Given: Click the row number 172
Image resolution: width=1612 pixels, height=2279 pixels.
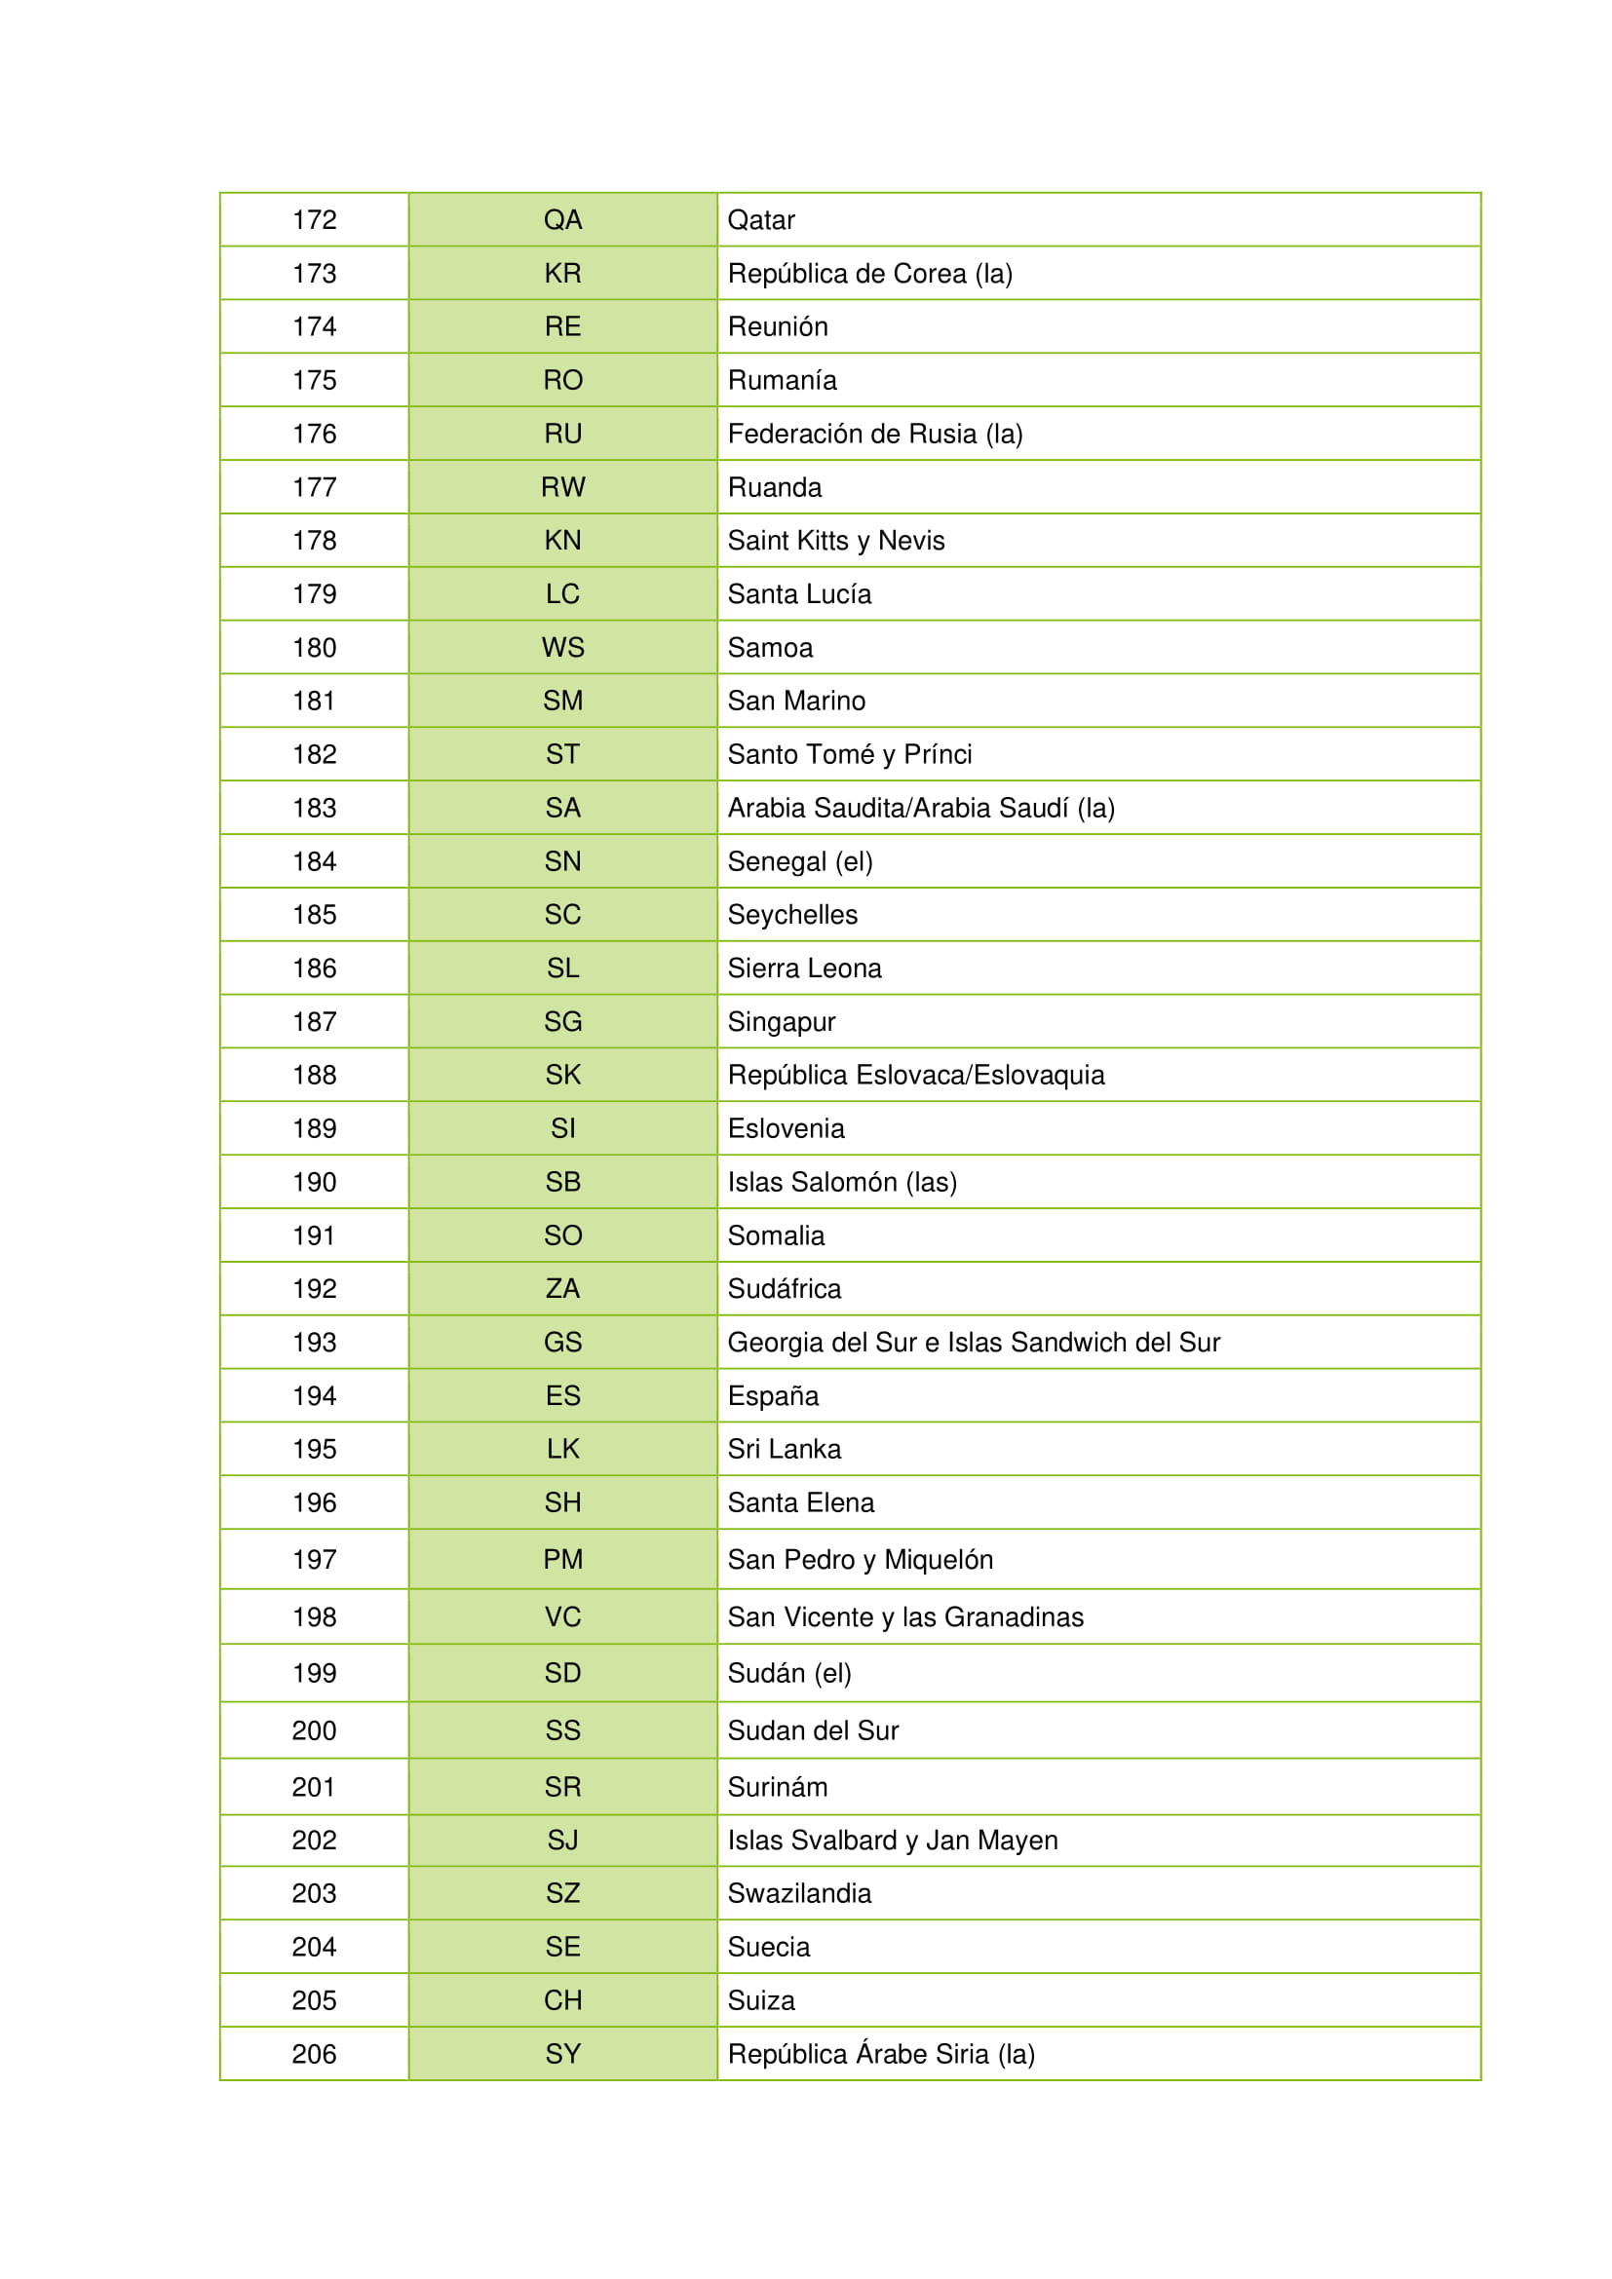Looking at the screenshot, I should click(314, 219).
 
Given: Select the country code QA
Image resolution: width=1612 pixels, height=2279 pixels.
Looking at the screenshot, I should click(561, 219).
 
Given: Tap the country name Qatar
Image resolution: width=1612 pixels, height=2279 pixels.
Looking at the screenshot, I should click(760, 219).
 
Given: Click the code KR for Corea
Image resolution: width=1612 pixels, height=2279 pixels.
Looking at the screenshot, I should click(561, 273).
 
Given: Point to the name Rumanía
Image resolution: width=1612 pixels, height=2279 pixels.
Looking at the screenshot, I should click(782, 380).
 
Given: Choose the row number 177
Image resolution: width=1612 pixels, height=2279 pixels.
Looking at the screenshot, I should click(314, 487).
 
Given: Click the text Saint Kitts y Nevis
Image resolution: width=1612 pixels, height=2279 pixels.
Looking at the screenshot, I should click(835, 541).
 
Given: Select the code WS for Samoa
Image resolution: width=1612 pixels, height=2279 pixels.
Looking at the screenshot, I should click(561, 647).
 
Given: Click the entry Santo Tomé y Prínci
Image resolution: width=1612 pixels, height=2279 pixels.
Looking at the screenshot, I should click(849, 754).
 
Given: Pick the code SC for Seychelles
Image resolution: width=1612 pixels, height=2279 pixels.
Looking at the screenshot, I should click(561, 914).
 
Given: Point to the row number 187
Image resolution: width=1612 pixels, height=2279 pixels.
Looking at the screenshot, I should click(314, 1021).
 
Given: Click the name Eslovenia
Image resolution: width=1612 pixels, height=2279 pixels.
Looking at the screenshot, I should click(786, 1128).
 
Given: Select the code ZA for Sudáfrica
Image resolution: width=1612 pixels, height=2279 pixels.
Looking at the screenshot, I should click(561, 1288).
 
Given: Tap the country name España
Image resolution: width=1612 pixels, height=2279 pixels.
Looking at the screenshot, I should click(772, 1395).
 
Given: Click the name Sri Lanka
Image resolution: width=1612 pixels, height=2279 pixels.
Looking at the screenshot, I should click(784, 1449).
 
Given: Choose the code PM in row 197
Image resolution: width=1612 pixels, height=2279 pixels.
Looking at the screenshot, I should click(561, 1559).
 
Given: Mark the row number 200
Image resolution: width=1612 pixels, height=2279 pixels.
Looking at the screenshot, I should click(314, 1730).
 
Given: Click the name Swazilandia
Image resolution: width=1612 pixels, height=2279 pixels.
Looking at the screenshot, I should click(799, 1893).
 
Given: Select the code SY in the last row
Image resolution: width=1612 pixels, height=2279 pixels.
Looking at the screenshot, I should click(561, 2054).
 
